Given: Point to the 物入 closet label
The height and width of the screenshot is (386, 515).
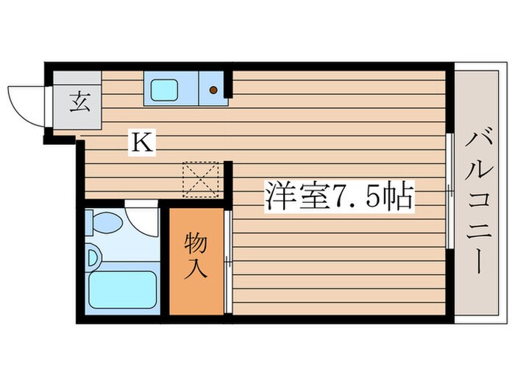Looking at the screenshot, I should pos(195,256).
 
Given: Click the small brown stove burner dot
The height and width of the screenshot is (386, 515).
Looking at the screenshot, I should pos(213,90).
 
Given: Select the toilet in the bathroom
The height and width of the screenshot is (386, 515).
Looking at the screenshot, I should pos(105,222).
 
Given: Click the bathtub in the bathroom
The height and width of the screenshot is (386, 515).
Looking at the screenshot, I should pos(121,290).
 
